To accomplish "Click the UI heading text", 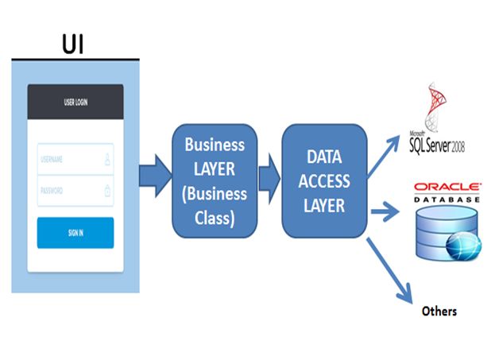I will point(72,45).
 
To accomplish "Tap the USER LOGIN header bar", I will point(75,103).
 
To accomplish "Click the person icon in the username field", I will point(107,159).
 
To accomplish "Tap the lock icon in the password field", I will point(107,191).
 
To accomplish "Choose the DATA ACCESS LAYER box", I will point(325,181).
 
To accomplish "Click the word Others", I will point(439,311).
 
